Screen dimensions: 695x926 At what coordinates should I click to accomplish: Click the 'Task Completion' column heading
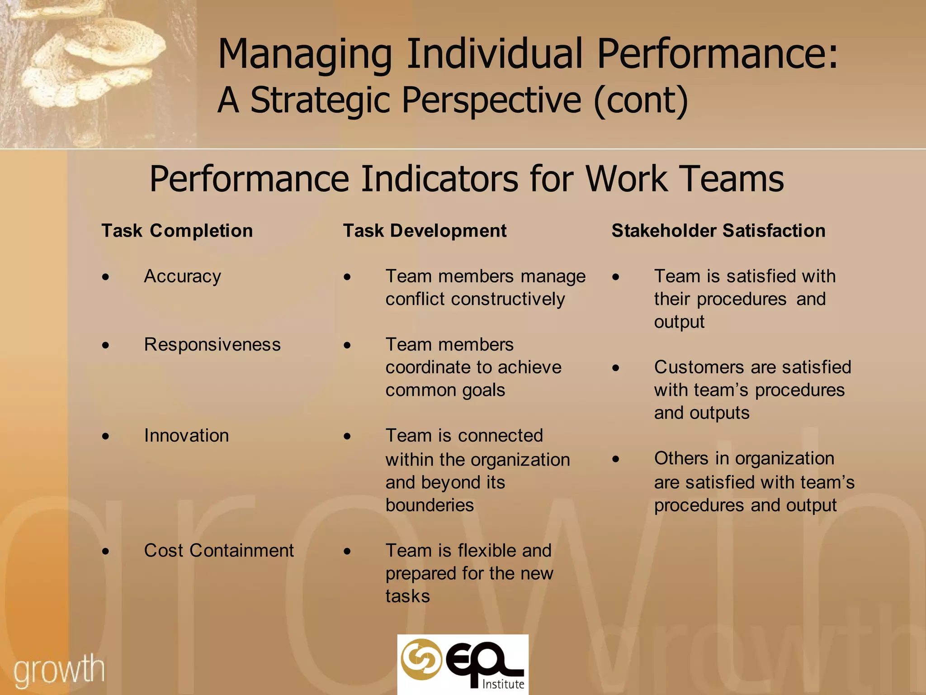point(177,231)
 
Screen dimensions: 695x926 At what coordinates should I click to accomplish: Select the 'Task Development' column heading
point(425,231)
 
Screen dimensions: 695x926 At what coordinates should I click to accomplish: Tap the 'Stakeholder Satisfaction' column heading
point(718,231)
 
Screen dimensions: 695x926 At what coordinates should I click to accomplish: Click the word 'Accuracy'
point(182,276)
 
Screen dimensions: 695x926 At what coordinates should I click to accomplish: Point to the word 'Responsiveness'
point(212,344)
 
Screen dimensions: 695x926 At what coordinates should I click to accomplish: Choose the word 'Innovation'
point(186,435)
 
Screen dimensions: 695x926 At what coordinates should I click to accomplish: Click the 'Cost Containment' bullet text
point(219,550)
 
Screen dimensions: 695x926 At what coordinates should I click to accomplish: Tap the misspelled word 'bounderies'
point(430,505)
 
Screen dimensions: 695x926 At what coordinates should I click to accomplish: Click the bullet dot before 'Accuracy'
point(105,277)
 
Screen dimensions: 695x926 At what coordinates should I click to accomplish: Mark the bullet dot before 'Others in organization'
point(615,459)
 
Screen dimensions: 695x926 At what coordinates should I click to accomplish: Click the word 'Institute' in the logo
point(503,684)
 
